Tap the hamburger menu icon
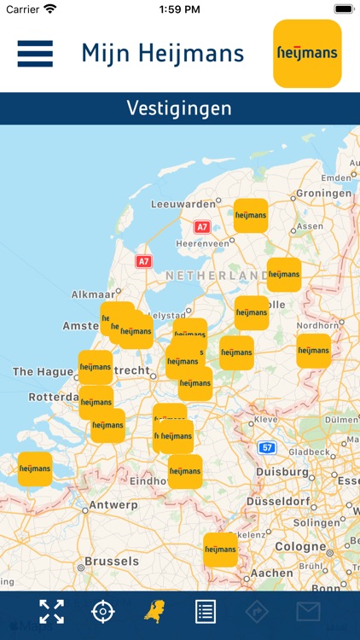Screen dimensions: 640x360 pyautogui.click(x=35, y=54)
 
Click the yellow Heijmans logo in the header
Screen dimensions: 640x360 pyautogui.click(x=307, y=54)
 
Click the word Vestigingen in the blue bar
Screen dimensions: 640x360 pyautogui.click(x=179, y=108)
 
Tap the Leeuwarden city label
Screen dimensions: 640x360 pyautogui.click(x=183, y=205)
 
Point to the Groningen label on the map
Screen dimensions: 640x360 pyautogui.click(x=324, y=194)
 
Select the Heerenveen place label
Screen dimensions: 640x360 pyautogui.click(x=202, y=243)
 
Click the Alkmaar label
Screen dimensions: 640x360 pyautogui.click(x=93, y=294)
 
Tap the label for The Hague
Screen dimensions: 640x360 pyautogui.click(x=35, y=372)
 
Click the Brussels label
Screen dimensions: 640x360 pyautogui.click(x=112, y=561)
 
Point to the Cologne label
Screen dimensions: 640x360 pyautogui.click(x=300, y=546)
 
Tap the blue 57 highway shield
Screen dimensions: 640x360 pyautogui.click(x=268, y=447)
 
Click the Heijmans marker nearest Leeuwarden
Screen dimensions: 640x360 pyautogui.click(x=251, y=216)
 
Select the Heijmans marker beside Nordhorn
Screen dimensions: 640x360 pyautogui.click(x=313, y=351)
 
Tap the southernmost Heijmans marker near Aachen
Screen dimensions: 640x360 pyautogui.click(x=220, y=550)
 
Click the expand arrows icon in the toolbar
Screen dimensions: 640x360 pyautogui.click(x=51, y=611)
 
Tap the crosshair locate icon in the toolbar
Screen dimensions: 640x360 pyautogui.click(x=102, y=611)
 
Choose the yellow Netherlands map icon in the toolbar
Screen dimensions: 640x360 pyautogui.click(x=154, y=611)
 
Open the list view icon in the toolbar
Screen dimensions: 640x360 pyautogui.click(x=205, y=611)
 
